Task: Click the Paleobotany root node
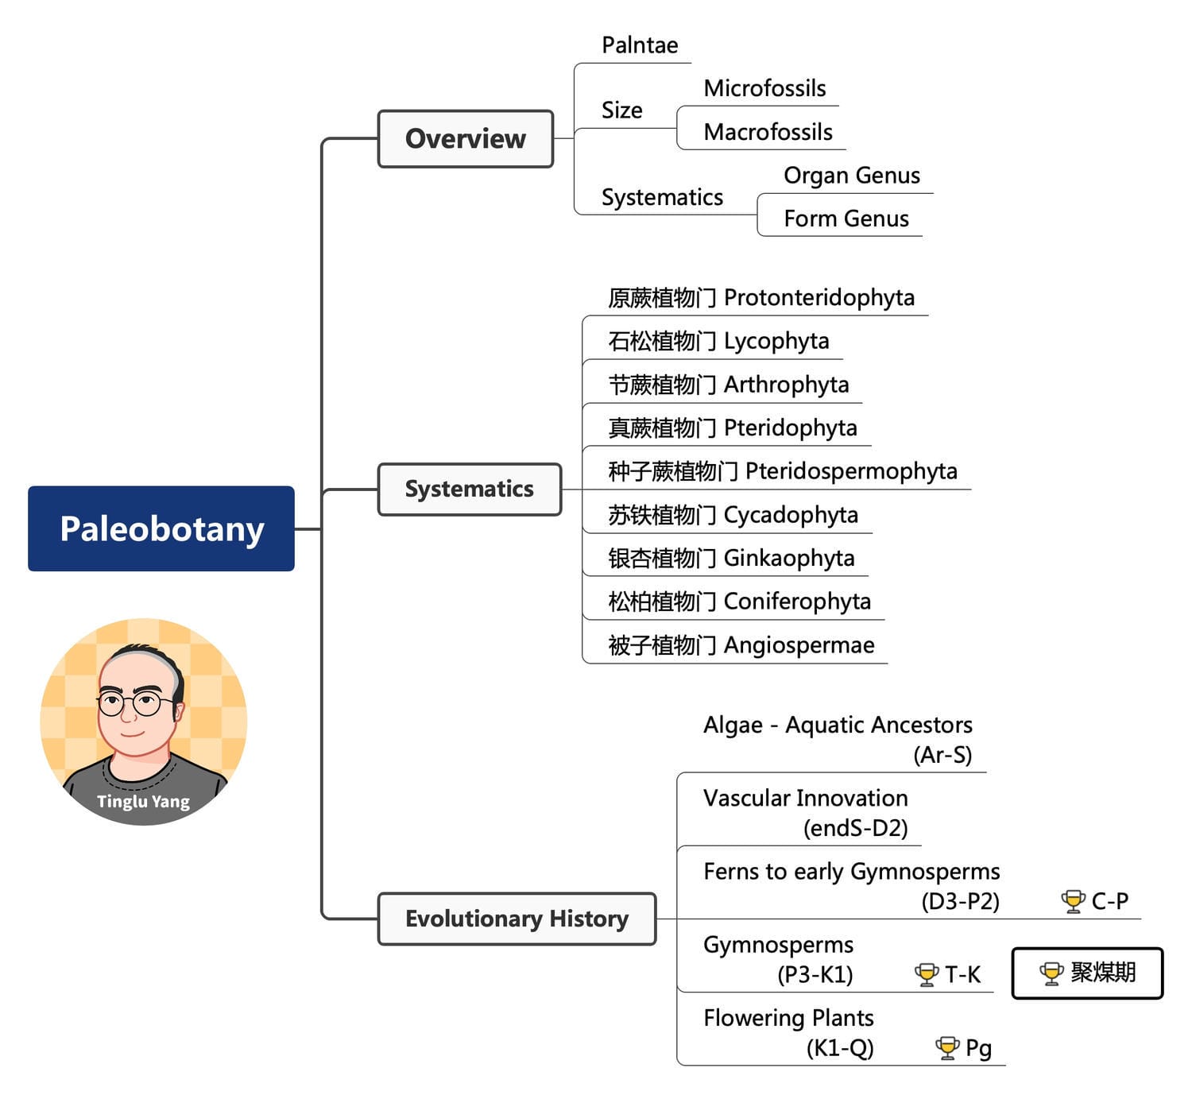tap(161, 528)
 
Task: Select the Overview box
tap(465, 139)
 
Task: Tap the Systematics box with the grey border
tap(469, 489)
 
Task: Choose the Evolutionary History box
tap(517, 919)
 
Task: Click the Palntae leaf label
tap(640, 45)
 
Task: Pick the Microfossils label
tap(764, 88)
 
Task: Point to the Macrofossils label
tap(768, 132)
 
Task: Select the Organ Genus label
tap(852, 175)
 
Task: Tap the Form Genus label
tap(846, 219)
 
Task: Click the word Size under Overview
tap(621, 110)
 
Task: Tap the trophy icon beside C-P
tap(1073, 901)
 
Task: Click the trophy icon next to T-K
tap(927, 974)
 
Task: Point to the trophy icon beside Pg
tap(947, 1048)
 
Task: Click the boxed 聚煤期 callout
tap(1087, 973)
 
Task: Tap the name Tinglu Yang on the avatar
tap(143, 801)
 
